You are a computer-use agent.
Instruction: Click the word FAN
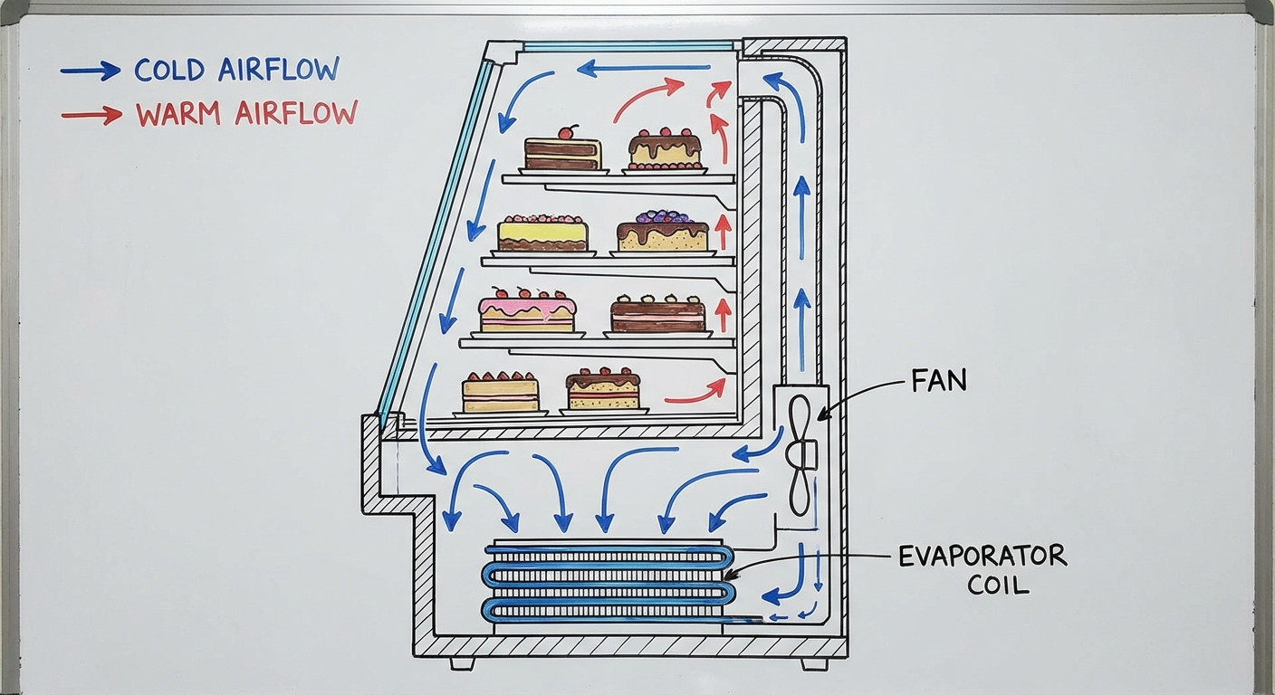[938, 380]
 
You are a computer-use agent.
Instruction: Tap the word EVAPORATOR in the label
[983, 557]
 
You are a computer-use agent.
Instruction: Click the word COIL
[998, 585]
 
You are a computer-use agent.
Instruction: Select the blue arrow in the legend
[91, 71]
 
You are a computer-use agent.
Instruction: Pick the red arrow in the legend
[91, 115]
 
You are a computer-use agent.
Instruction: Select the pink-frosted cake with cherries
[527, 311]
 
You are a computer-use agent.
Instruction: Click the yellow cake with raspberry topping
[542, 233]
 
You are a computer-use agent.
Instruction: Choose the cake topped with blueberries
[663, 232]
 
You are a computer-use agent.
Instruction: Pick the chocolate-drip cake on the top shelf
[666, 149]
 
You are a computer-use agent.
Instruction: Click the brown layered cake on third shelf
[657, 313]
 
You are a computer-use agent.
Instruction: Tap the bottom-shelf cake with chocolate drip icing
[603, 389]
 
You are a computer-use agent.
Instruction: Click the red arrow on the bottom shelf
[695, 393]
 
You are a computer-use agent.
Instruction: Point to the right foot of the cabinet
[813, 663]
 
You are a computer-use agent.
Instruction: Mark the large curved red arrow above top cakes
[647, 97]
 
